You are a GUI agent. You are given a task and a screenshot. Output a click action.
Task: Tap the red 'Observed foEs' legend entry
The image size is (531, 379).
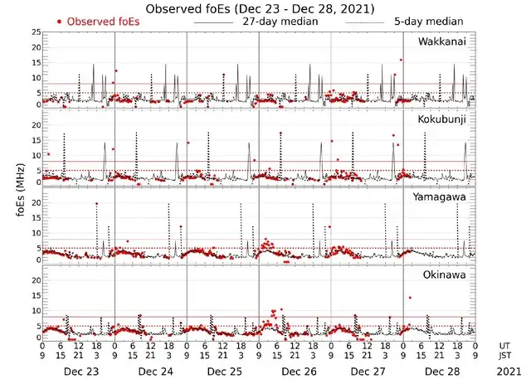click(97, 21)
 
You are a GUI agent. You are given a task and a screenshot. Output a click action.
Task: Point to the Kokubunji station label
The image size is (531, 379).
click(442, 119)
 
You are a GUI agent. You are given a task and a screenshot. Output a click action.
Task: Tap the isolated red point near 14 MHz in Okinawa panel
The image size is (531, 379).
click(410, 298)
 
